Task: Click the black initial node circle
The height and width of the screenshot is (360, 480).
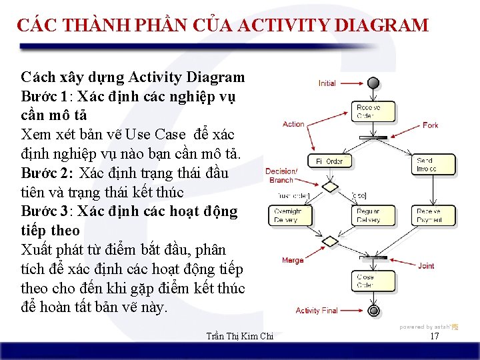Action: coord(373,83)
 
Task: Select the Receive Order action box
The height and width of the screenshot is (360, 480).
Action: coord(368,111)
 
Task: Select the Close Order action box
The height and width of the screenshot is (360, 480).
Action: coord(368,279)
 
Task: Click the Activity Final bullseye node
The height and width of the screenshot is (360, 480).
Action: coord(373,311)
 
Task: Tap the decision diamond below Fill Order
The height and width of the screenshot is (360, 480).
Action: coord(330,186)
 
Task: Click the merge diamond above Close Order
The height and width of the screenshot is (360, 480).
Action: coord(330,241)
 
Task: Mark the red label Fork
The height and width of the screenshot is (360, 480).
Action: coord(431,125)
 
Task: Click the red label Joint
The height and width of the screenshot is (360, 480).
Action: coord(426,266)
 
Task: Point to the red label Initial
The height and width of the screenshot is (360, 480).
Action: coord(327,83)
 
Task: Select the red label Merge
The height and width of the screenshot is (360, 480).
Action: coord(293,261)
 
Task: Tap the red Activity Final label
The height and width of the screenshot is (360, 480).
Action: coord(317,311)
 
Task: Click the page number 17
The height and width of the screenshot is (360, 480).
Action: coord(434,337)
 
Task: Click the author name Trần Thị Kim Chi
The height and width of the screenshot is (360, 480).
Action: coord(241,337)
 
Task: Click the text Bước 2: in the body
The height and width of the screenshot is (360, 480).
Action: coord(48,173)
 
